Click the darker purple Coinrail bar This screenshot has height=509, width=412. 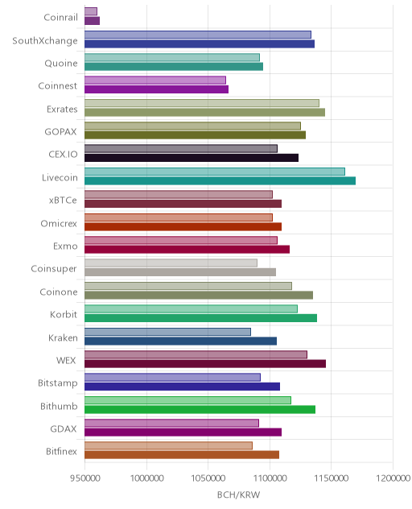[92, 21]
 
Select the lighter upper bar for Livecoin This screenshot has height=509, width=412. [215, 172]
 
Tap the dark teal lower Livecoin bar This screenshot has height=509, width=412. [220, 181]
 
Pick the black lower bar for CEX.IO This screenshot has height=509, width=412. [192, 158]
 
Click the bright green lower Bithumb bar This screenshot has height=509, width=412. [200, 409]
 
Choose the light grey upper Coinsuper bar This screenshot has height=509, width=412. [171, 263]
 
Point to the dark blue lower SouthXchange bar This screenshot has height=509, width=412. [200, 43]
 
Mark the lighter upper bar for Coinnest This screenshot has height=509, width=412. [155, 81]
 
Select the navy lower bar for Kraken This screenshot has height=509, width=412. [181, 341]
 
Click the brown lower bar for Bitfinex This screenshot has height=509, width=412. [182, 455]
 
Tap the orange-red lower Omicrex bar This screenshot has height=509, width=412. [183, 226]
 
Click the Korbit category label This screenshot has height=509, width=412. [64, 315]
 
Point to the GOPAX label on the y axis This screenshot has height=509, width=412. [61, 132]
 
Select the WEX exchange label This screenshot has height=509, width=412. [66, 360]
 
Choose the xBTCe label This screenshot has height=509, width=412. [63, 201]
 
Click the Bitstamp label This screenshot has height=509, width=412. [58, 383]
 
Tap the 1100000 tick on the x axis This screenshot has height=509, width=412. [270, 478]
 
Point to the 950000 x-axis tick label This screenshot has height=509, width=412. [85, 478]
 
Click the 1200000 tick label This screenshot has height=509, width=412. [393, 478]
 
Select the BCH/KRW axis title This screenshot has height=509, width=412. [238, 495]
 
